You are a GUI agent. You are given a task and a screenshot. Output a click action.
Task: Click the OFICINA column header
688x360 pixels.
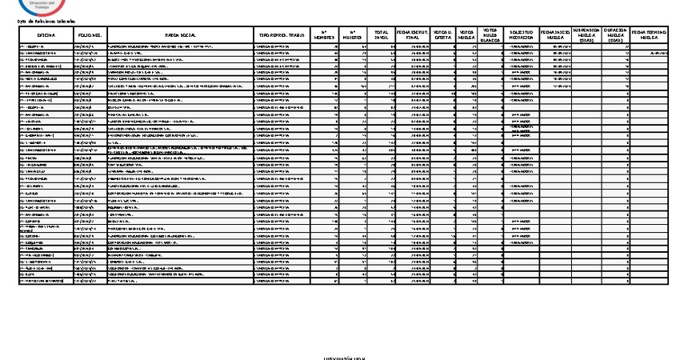click(x=45, y=36)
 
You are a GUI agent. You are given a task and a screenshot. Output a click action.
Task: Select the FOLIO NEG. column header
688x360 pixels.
click(x=88, y=36)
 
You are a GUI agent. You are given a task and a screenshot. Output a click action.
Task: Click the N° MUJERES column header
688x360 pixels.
click(x=351, y=36)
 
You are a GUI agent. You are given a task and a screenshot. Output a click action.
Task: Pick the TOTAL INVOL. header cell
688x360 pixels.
click(x=381, y=36)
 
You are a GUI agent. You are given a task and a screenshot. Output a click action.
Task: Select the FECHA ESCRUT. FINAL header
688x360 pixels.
click(x=413, y=36)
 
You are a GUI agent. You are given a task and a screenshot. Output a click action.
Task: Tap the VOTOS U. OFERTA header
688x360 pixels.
click(x=443, y=36)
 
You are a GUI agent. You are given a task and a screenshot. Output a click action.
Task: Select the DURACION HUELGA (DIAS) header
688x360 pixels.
click(x=614, y=36)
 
